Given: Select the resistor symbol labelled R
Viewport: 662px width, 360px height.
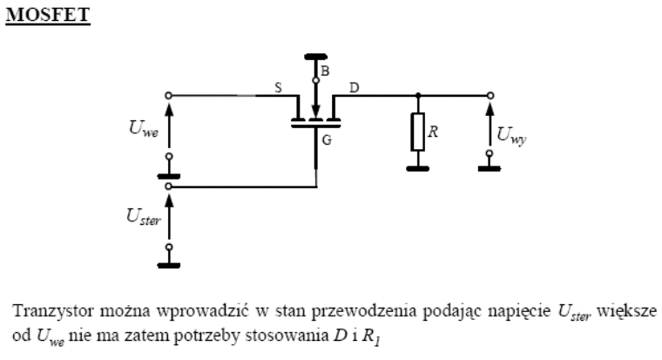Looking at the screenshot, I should coord(417,133).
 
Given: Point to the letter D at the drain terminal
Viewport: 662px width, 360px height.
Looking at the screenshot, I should coord(353,87).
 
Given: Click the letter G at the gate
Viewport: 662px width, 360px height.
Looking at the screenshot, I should coord(328,139).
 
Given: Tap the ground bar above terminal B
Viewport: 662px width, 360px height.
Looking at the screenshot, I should coord(315,57).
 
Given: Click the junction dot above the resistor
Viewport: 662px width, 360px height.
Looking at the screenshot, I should coord(417,94).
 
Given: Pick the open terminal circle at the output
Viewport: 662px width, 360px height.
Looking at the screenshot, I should coord(490,94).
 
